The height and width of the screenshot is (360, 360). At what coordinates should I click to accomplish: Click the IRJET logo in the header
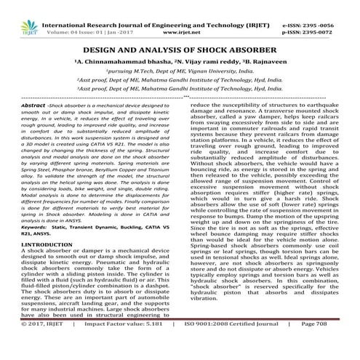(18, 13)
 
